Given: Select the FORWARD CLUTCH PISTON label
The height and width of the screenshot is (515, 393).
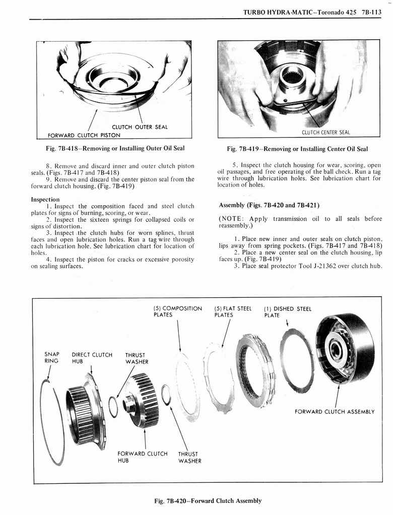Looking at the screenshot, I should click(x=84, y=135).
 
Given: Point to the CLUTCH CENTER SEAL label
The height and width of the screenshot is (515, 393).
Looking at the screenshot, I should click(x=325, y=132).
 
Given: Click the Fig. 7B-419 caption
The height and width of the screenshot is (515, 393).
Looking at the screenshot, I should click(x=297, y=149).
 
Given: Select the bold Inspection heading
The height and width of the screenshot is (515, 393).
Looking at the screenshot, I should click(x=46, y=199).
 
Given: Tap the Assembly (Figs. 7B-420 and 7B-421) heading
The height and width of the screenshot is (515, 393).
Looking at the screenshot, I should click(x=269, y=205).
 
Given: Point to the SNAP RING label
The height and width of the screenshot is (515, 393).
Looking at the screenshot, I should click(x=51, y=358).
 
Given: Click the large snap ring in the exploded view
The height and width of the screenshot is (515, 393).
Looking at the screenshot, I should click(x=52, y=422).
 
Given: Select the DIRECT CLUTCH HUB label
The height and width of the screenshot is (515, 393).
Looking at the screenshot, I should click(x=92, y=358).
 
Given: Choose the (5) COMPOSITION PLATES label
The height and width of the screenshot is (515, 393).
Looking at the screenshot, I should click(x=177, y=312).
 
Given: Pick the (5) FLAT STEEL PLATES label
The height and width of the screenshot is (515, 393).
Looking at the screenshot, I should click(x=232, y=312).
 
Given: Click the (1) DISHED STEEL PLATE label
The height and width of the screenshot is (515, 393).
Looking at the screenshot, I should click(x=287, y=312).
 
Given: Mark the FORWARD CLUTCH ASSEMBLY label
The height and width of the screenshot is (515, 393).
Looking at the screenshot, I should click(x=334, y=411).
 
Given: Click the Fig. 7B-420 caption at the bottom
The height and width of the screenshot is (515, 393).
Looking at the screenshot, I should click(x=208, y=500).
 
